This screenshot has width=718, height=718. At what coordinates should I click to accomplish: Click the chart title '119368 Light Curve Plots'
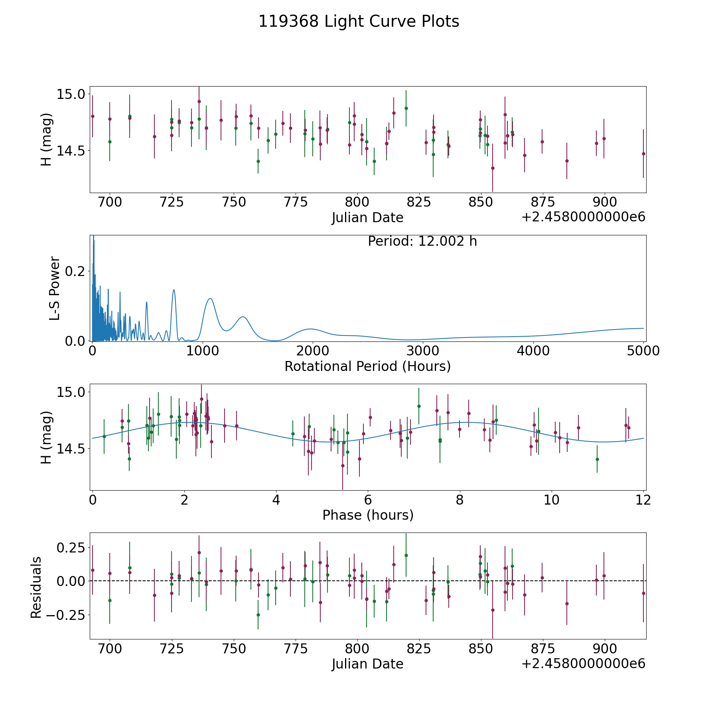tap(359, 22)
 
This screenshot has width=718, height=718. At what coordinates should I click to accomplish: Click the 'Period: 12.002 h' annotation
tap(422, 242)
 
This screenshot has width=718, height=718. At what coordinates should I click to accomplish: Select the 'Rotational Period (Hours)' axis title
tap(367, 366)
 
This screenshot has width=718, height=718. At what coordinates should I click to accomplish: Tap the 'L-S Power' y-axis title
tap(55, 288)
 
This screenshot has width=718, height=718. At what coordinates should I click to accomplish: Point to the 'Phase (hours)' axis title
tap(368, 515)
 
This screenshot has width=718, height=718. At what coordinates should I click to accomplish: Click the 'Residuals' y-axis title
tap(36, 588)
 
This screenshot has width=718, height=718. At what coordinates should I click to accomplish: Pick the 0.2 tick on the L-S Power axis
tap(75, 271)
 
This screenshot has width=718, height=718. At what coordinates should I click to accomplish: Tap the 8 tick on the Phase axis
tap(460, 500)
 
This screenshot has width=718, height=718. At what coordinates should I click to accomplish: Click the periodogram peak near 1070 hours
tap(210, 298)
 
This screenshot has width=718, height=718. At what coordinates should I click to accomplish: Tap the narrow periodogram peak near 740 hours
tap(174, 290)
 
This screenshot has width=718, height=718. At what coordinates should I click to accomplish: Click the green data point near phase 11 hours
tap(597, 459)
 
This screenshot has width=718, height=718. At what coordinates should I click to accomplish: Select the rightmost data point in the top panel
tap(643, 154)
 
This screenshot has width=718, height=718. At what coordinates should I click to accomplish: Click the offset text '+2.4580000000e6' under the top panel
tap(583, 217)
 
